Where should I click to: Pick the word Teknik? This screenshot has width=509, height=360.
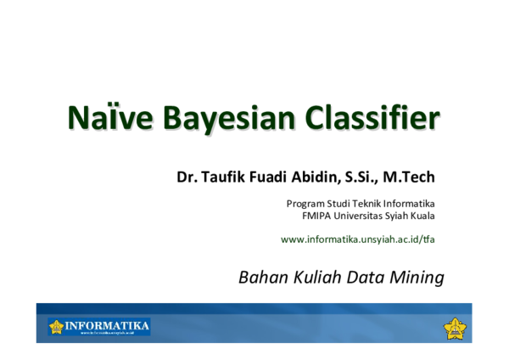pyautogui.click(x=367, y=204)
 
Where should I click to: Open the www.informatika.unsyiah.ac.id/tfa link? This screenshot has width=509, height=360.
pyautogui.click(x=357, y=239)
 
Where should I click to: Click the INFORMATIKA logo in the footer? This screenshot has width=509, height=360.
pyautogui.click(x=99, y=326)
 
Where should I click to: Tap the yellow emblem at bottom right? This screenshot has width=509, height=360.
pyautogui.click(x=456, y=327)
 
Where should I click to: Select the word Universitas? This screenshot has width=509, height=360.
pyautogui.click(x=358, y=216)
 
